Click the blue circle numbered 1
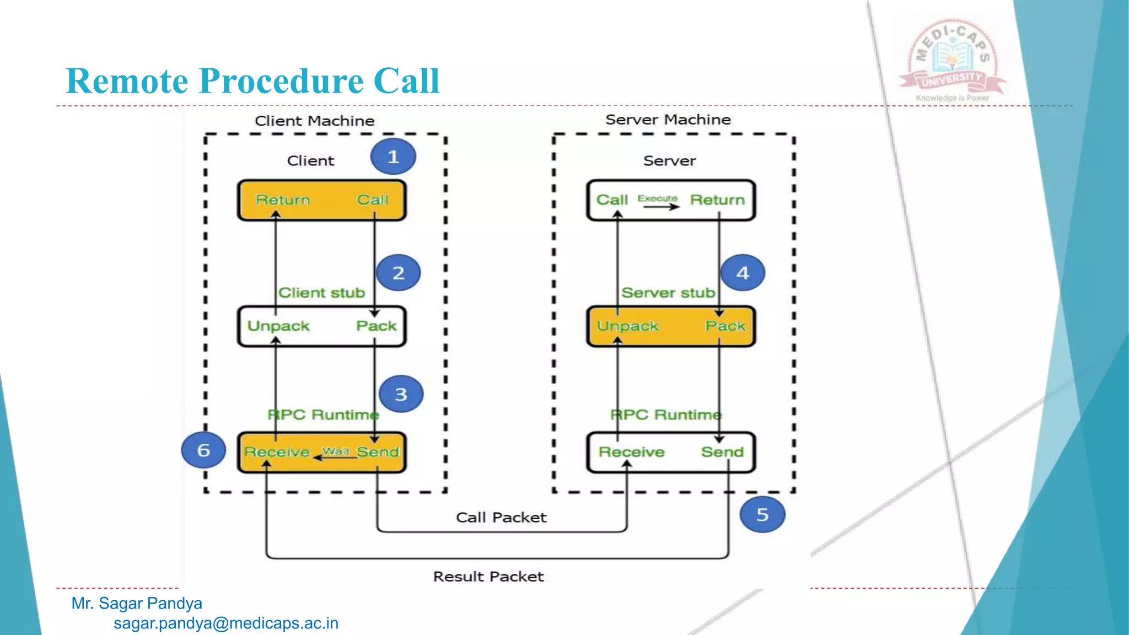[x=393, y=157]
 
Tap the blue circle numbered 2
[x=398, y=273]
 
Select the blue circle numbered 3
[x=401, y=394]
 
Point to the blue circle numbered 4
[x=743, y=273]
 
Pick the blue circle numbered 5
[x=762, y=514]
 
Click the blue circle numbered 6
[x=203, y=450]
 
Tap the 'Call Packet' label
[x=501, y=517]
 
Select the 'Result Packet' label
[x=488, y=577]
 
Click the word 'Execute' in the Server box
[x=657, y=198]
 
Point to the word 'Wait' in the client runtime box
[x=335, y=451]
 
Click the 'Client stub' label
[x=321, y=293]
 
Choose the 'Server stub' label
[x=668, y=293]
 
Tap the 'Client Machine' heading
[x=314, y=121]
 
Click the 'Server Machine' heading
[x=668, y=120]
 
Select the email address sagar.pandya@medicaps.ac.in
[x=225, y=623]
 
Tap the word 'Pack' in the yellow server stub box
[x=725, y=326]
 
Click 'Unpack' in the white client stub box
[x=278, y=326]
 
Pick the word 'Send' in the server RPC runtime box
[x=722, y=452]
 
